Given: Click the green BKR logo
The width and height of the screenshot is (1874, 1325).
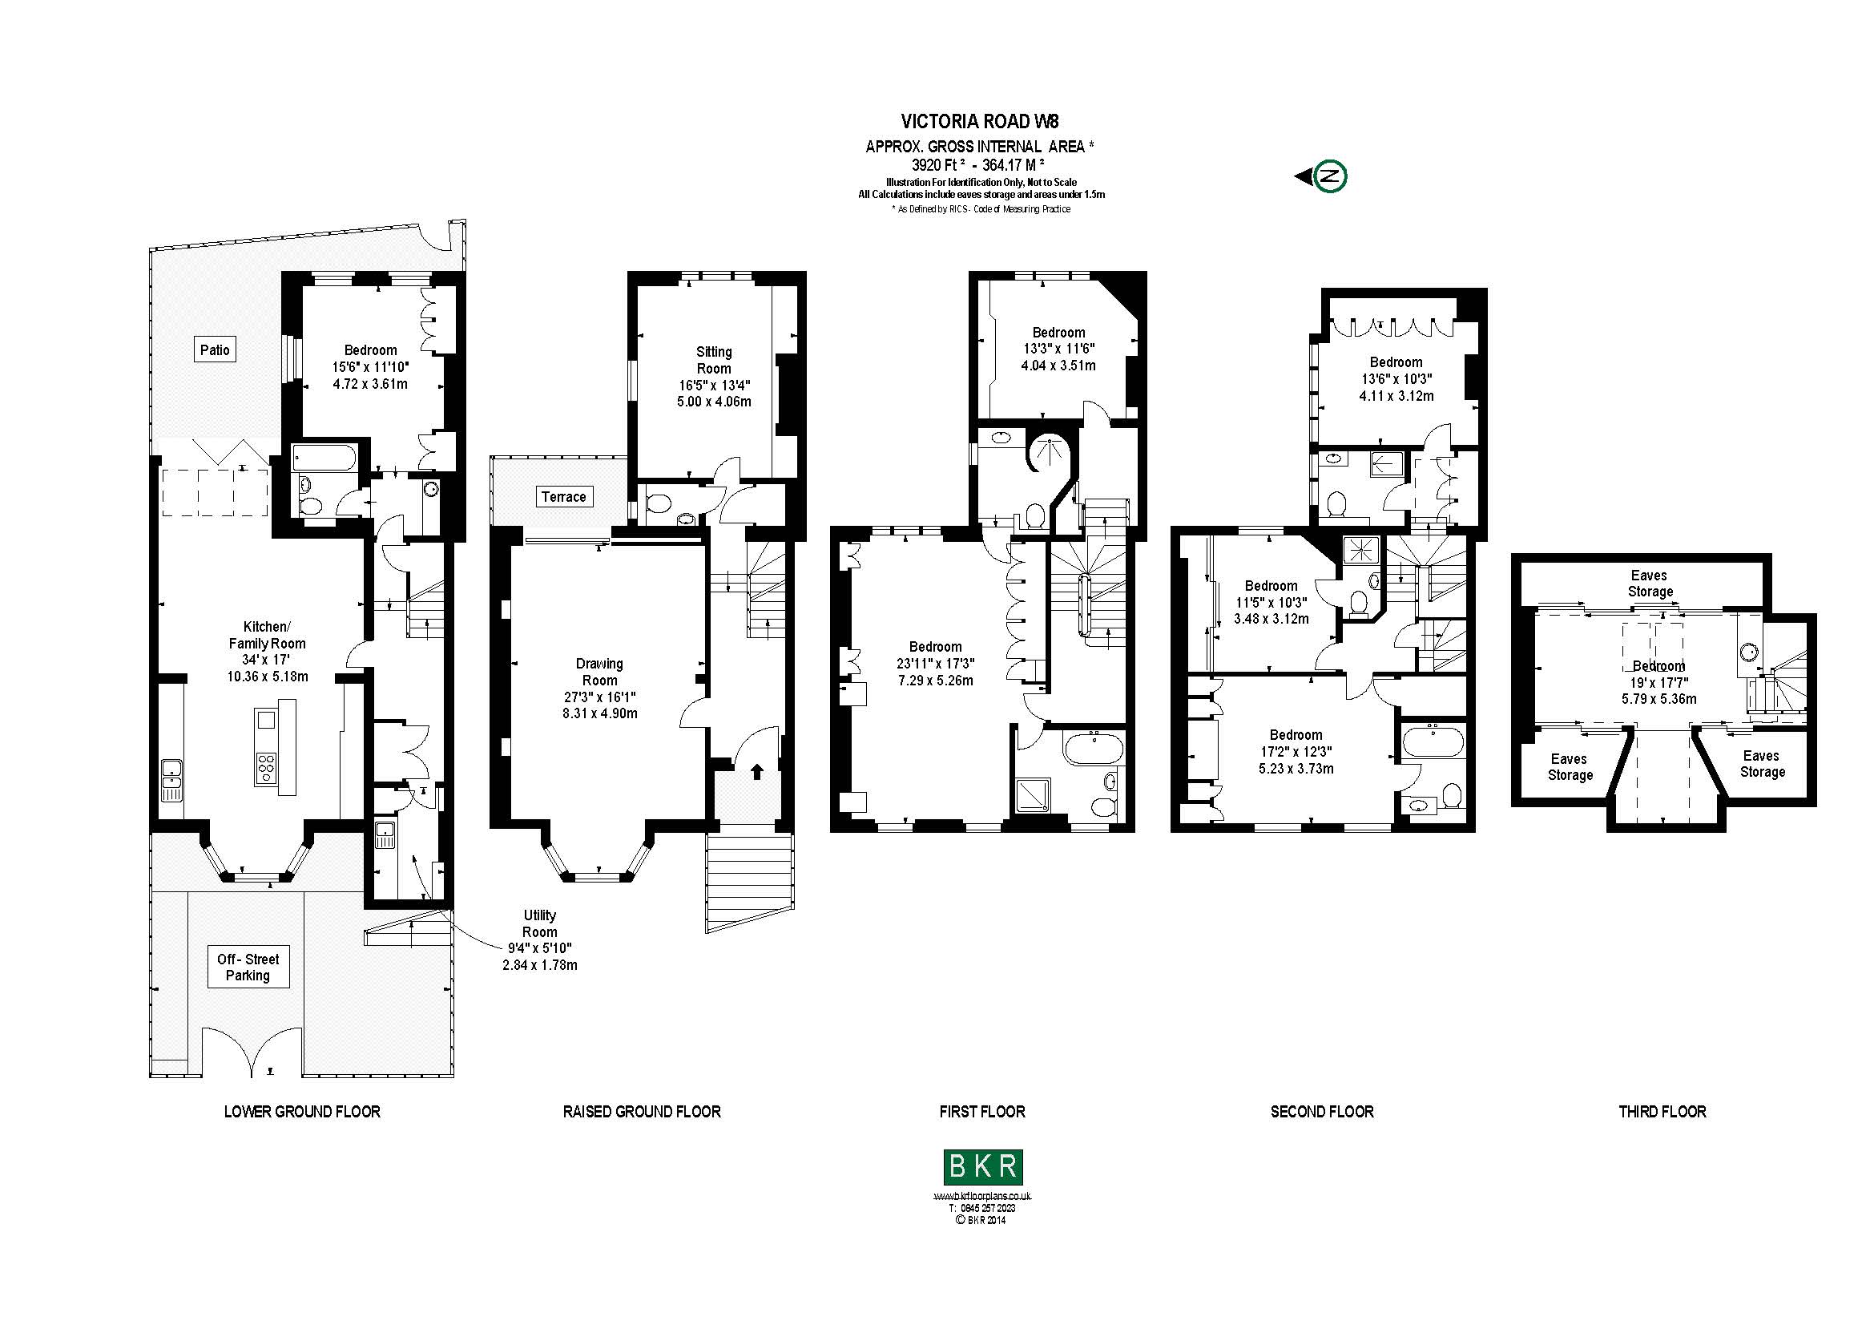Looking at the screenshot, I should click(983, 1167).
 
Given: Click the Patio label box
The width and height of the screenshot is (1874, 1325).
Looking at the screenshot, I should click(215, 350).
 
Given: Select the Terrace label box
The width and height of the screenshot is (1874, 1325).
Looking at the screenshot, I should click(563, 496).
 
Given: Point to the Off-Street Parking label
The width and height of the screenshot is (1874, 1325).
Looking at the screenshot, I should click(248, 967).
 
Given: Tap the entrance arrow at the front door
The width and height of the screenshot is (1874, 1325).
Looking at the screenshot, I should click(756, 770).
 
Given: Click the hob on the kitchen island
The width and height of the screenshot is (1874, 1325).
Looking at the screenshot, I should click(267, 767).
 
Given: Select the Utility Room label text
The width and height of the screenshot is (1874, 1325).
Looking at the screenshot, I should click(539, 923).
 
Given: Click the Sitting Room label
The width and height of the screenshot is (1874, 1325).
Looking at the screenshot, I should click(713, 360).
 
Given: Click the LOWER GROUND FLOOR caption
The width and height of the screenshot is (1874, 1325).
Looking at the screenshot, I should click(302, 1112).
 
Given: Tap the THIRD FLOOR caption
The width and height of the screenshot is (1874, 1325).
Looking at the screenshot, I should click(1662, 1112).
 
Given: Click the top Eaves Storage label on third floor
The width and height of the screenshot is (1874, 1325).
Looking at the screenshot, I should click(1650, 584).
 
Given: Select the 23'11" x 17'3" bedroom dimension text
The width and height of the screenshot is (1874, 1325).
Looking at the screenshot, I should click(935, 664).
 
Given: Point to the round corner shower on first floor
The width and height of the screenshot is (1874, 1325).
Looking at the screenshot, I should click(1046, 452).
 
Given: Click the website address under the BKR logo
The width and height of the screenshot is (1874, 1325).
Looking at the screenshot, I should click(982, 1196).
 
